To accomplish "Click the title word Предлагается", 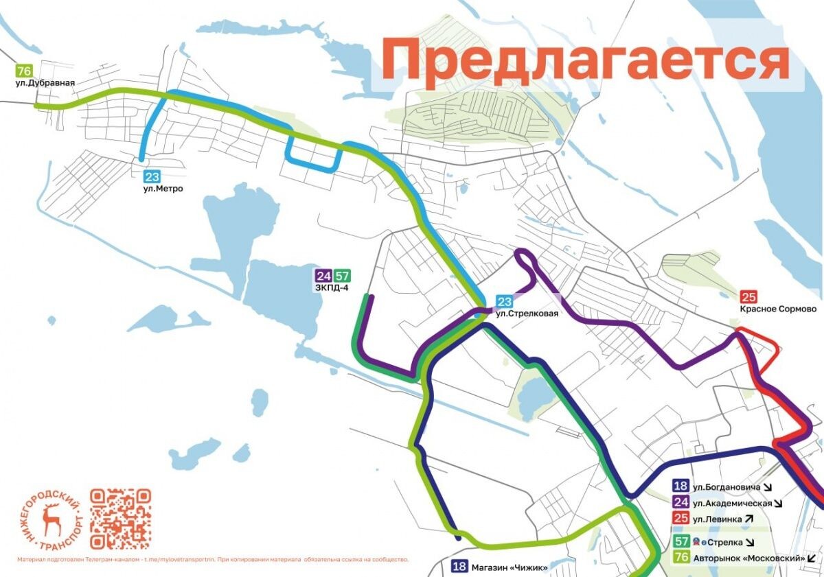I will click(x=584, y=60).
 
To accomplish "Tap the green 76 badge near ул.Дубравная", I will click(x=25, y=71).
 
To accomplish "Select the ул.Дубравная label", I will click(x=45, y=83).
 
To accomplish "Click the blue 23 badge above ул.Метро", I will click(x=152, y=176).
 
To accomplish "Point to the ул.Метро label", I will click(x=163, y=189).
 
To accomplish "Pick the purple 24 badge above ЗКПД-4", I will click(x=323, y=276).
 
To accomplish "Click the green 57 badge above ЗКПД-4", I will click(x=343, y=276).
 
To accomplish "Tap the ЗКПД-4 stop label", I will click(x=332, y=288).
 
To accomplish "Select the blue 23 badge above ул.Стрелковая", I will click(x=505, y=301).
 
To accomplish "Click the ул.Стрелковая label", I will click(x=523, y=314).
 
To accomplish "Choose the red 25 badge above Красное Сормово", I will click(x=748, y=297).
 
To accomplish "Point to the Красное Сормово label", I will click(x=778, y=309).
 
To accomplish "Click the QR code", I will click(x=120, y=519).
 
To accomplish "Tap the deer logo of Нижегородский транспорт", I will click(x=51, y=520).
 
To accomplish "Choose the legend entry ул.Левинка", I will click(x=718, y=519).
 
